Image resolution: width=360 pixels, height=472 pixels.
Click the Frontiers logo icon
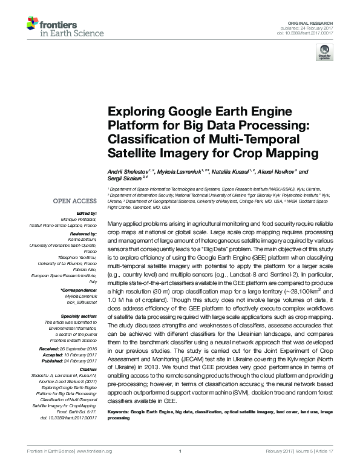point(33,25)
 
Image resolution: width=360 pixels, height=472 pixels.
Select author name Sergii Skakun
point(125,179)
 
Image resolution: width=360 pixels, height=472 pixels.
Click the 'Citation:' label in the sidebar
point(88,368)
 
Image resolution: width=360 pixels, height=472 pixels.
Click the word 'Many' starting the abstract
point(116,224)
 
